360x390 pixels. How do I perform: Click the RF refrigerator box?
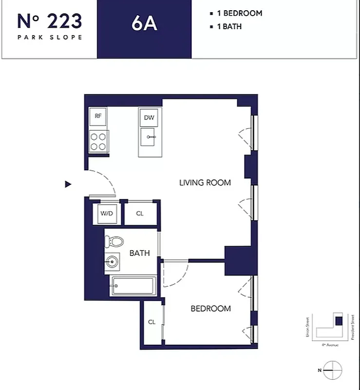[x=98, y=116]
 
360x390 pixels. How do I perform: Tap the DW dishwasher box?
[x=149, y=117]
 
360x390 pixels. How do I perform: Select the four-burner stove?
[x=98, y=141]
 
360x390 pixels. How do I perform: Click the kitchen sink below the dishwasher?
[x=149, y=138]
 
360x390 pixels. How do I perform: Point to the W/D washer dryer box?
[x=106, y=214]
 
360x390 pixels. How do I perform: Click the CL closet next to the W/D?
[x=140, y=214]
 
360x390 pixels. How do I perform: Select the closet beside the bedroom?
[x=152, y=322]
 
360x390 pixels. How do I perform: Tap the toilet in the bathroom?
[x=115, y=241]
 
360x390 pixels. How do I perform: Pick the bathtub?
[x=133, y=286]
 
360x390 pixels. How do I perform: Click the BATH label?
[x=139, y=253]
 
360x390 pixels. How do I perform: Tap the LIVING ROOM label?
[x=205, y=183]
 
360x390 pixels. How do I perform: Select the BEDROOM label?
[x=210, y=309]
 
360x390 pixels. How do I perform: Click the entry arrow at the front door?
[x=68, y=184]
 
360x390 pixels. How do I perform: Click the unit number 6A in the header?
[x=144, y=23]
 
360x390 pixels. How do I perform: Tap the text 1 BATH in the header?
[x=228, y=26]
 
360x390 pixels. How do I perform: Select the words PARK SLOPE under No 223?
[x=49, y=37]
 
